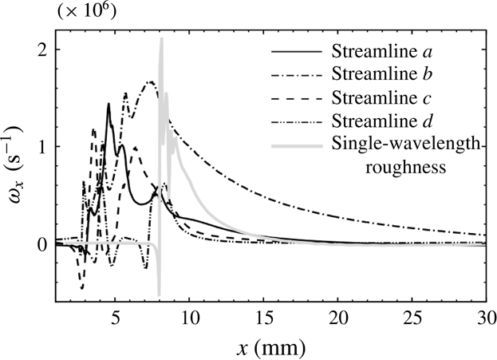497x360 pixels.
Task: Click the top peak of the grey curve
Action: (161, 39)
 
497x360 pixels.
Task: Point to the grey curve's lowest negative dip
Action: (159, 294)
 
